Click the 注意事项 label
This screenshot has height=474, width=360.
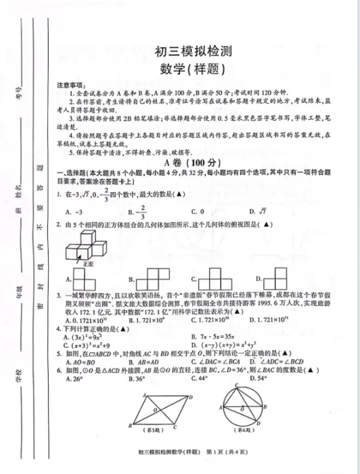(x=70, y=85)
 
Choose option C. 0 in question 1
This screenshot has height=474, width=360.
(x=198, y=212)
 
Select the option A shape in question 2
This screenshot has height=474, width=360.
(x=86, y=278)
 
